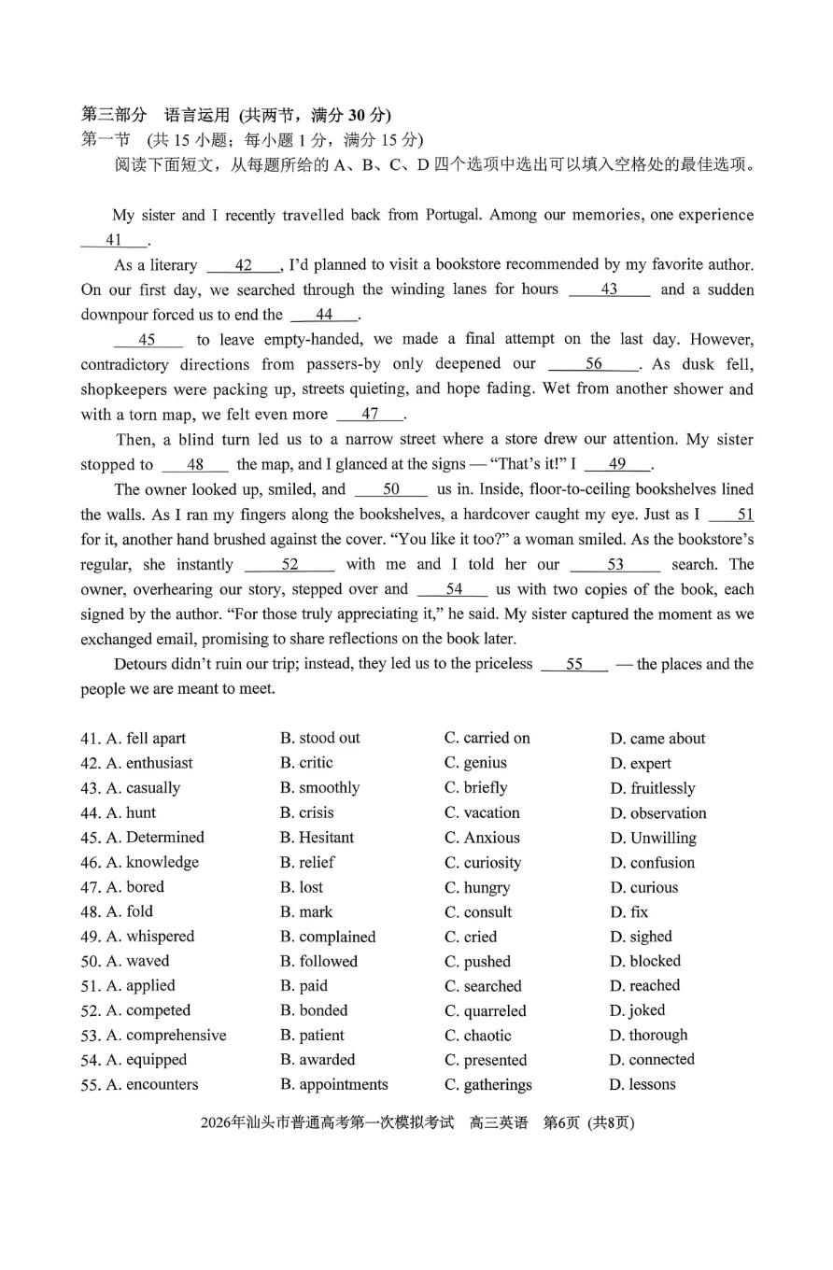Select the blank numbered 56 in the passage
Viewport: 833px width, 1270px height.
pyautogui.click(x=593, y=364)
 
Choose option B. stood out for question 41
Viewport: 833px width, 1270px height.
pyautogui.click(x=319, y=738)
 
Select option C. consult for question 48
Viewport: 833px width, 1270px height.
pyautogui.click(x=478, y=912)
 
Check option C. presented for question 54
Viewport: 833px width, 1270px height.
pyautogui.click(x=486, y=1060)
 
